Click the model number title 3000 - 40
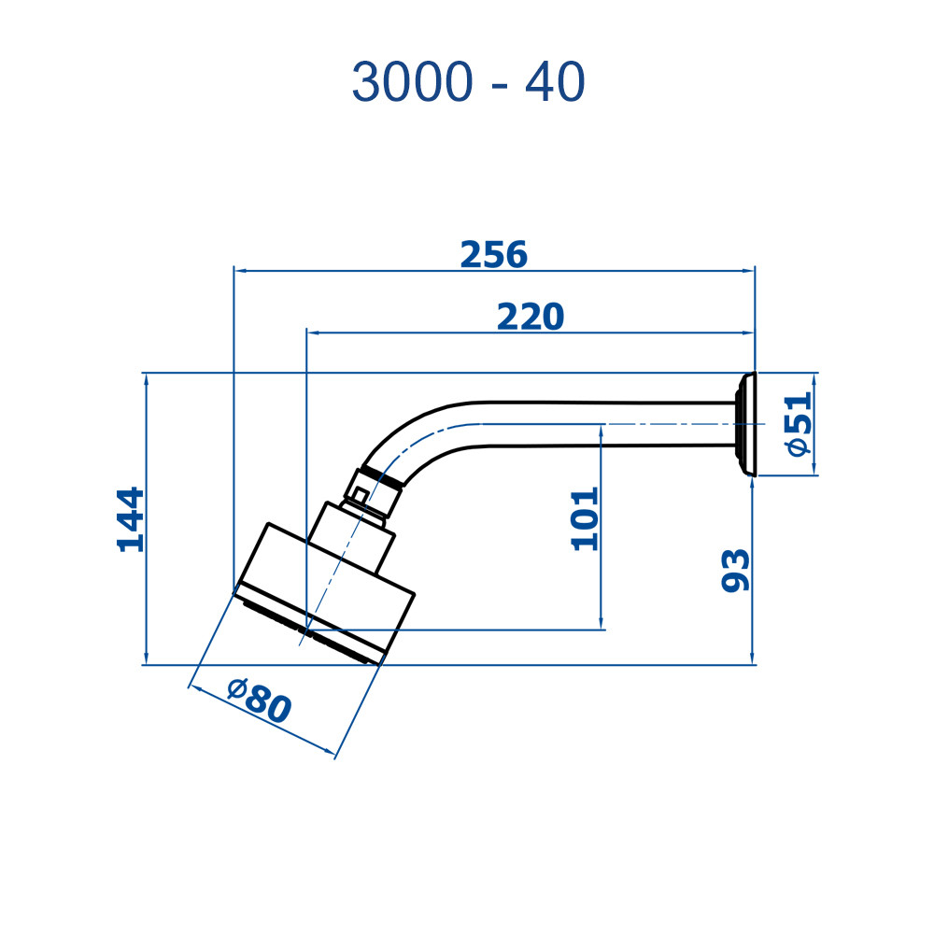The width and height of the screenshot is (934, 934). pyautogui.click(x=468, y=82)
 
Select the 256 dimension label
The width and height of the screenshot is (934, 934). pyautogui.click(x=494, y=254)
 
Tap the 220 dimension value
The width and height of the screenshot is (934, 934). pyautogui.click(x=531, y=317)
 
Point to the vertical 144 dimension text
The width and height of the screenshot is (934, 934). pyautogui.click(x=131, y=519)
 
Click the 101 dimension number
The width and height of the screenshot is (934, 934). pyautogui.click(x=585, y=518)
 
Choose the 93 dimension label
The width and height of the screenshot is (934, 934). pyautogui.click(x=736, y=571)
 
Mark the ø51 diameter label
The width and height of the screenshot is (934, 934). pyautogui.click(x=799, y=423)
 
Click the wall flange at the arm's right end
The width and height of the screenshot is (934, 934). pyautogui.click(x=745, y=424)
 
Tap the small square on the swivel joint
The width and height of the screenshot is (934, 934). pyautogui.click(x=360, y=494)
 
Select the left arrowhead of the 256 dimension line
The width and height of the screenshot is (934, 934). pyautogui.click(x=239, y=271)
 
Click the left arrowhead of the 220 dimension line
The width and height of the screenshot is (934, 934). pyautogui.click(x=312, y=333)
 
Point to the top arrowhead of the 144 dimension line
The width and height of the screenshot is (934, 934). pyautogui.click(x=147, y=379)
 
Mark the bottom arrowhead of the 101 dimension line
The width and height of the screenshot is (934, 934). pyautogui.click(x=601, y=622)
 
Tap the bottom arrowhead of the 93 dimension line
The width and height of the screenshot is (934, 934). pyautogui.click(x=752, y=658)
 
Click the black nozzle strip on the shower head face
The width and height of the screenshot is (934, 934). pyautogui.click(x=311, y=632)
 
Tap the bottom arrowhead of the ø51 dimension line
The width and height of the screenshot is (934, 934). pyautogui.click(x=814, y=470)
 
